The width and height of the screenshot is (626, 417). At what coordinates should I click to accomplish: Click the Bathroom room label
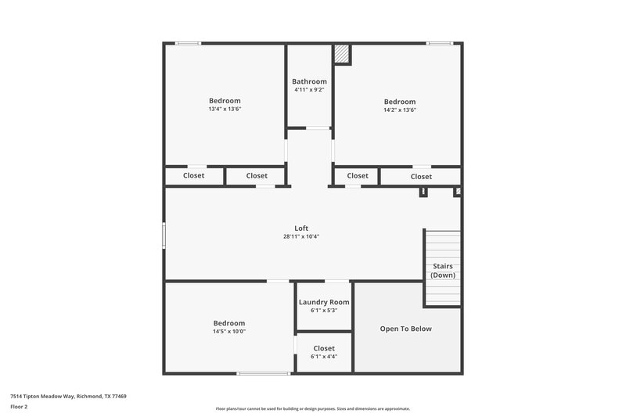(x=309, y=81)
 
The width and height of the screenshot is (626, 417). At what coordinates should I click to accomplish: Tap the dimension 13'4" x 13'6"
(x=225, y=110)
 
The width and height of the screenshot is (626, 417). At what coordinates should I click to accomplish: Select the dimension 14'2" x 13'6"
(x=399, y=110)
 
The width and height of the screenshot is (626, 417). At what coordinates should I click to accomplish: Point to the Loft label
(x=301, y=228)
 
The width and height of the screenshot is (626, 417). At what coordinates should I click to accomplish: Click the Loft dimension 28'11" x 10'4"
(x=301, y=236)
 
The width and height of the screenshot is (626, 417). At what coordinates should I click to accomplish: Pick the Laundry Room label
(x=324, y=302)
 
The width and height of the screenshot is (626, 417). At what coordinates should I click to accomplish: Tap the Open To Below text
(x=405, y=329)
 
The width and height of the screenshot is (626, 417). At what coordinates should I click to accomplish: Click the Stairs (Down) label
(x=443, y=271)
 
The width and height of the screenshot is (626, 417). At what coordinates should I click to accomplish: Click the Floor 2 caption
(x=20, y=407)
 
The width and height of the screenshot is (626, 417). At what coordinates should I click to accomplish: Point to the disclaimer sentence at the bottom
(x=313, y=408)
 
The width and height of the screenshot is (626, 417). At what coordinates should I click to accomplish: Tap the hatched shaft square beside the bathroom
(x=342, y=53)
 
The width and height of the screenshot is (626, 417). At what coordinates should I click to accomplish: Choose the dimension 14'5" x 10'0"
(x=229, y=332)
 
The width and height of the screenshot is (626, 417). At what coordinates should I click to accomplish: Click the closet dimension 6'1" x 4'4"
(x=324, y=357)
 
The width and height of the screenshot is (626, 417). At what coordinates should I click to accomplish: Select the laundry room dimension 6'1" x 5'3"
(x=324, y=311)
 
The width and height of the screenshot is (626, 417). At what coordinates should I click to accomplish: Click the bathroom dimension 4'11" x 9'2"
(x=309, y=90)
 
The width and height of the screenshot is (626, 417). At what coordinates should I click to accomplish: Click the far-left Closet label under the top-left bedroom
(x=194, y=176)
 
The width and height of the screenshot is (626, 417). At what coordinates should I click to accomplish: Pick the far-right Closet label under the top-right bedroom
(x=421, y=177)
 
